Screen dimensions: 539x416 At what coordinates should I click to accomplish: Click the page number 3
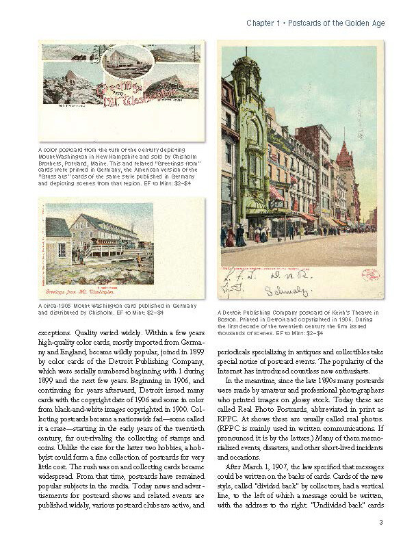pos(380,523)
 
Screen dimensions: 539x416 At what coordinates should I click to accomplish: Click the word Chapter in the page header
pos(261,23)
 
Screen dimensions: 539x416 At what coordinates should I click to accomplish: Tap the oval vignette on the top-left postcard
pos(127,62)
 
